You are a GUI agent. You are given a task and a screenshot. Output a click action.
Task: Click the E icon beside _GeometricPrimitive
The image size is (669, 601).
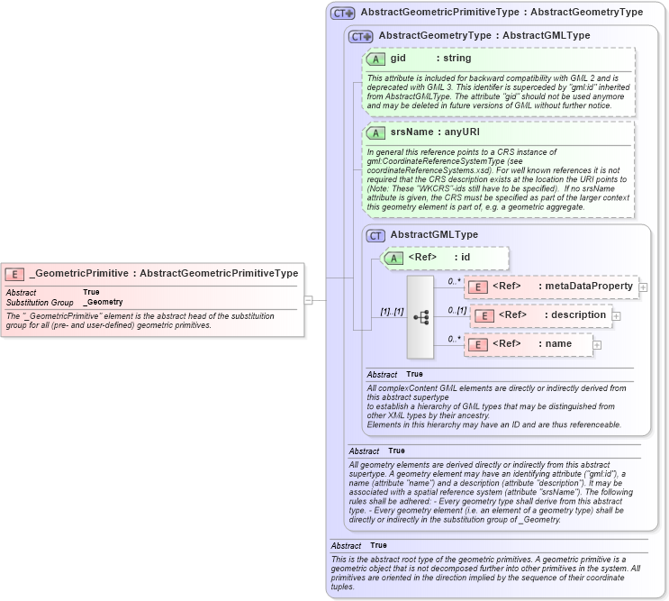pos(15,273)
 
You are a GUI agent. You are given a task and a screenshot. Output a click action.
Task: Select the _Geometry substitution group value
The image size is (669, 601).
pos(103,302)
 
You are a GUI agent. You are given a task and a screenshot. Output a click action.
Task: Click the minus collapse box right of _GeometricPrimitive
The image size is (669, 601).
pos(308,300)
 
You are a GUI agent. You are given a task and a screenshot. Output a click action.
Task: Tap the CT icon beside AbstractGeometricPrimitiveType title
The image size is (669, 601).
pos(342,13)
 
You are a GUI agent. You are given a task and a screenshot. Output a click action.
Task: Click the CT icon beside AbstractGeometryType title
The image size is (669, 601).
pos(361,36)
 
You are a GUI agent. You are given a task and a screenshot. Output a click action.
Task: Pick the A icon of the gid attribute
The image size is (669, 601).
pos(376,59)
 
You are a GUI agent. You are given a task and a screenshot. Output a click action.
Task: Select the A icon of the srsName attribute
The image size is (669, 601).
pos(376,132)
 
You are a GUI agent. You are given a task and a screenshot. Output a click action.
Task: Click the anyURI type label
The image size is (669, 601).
pos(463,132)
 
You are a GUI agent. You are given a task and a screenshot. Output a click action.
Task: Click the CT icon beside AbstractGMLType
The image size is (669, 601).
pos(376,235)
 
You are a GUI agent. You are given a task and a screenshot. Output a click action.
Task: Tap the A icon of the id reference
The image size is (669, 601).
pos(394,258)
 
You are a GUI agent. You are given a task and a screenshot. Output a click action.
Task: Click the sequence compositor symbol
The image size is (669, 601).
pos(420,316)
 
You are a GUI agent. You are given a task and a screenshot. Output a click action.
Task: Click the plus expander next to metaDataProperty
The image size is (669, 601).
pos(643,287)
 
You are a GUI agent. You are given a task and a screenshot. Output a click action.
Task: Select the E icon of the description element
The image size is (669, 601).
pos(483,315)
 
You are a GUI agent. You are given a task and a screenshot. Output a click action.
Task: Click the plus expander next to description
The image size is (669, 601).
pos(617,315)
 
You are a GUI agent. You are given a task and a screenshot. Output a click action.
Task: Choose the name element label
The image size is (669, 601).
pos(558,344)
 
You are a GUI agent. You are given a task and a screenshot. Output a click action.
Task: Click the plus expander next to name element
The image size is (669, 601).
pos(597,344)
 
